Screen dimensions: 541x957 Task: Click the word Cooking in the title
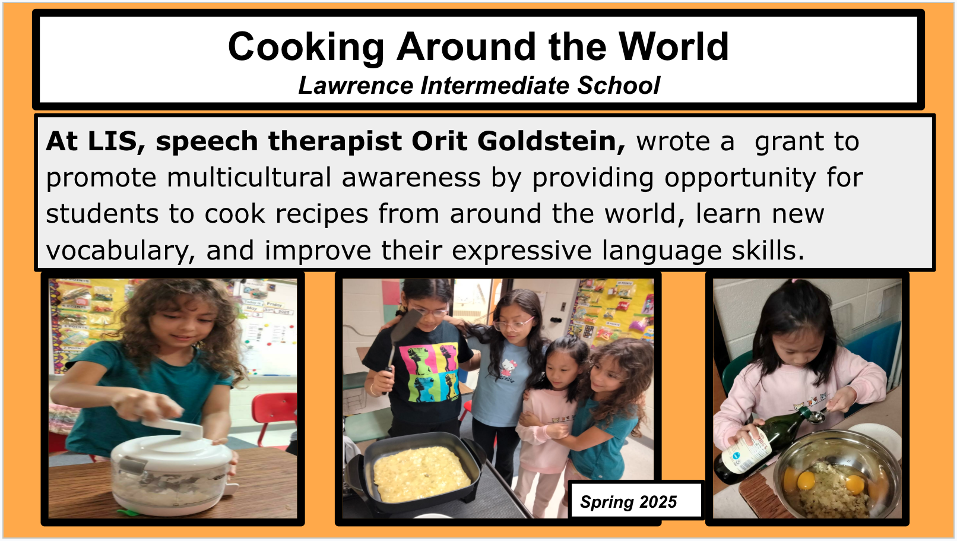306,47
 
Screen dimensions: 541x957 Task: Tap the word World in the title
673,47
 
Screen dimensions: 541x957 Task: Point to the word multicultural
249,178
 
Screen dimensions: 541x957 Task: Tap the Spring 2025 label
629,502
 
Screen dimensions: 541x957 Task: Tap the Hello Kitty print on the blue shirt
508,371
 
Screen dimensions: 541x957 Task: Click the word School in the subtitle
619,86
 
